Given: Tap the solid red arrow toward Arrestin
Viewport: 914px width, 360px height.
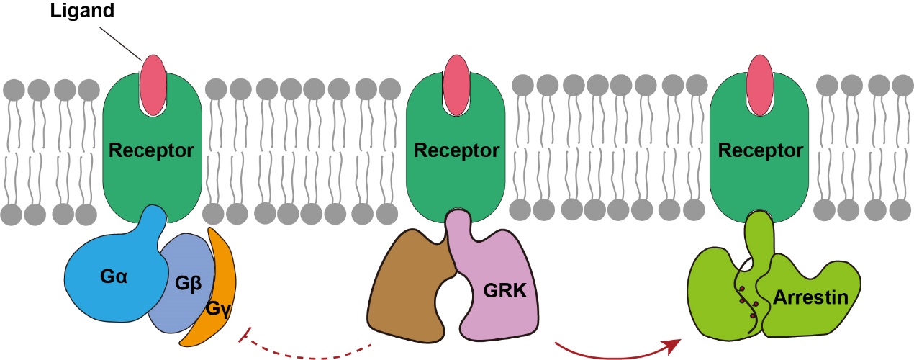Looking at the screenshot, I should pos(619,351).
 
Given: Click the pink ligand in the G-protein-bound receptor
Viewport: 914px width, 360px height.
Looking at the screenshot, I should pos(152,85).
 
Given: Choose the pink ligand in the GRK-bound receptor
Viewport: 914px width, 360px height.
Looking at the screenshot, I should pos(456,85).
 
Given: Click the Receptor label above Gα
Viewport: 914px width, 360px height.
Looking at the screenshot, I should pos(151,151).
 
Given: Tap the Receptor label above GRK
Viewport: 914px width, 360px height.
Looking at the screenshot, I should pos(456,151).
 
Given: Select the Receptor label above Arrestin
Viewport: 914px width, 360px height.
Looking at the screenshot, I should pos(760,151).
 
